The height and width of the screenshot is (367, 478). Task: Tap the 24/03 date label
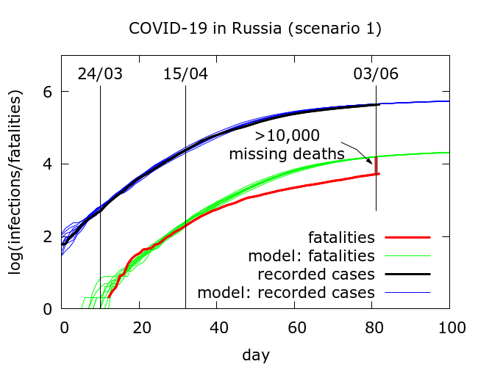[100, 74]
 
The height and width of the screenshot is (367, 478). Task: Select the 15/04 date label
[185, 74]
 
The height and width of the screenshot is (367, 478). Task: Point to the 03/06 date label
[375, 74]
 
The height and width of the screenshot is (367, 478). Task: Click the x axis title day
[256, 355]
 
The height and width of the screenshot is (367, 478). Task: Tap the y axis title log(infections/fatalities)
[16, 181]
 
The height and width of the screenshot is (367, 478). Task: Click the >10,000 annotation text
[287, 136]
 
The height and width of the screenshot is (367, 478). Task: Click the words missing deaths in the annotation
[287, 154]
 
